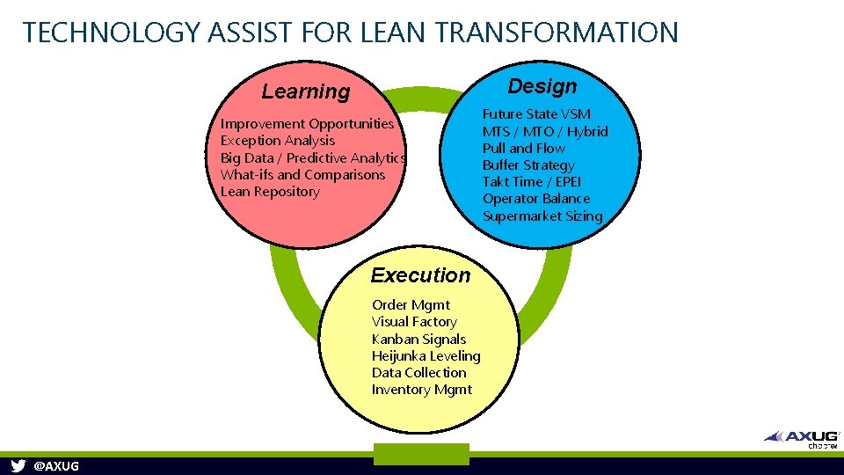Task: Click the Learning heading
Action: [x=306, y=91]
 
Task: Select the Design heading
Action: [x=542, y=86]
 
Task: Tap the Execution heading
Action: [x=420, y=275]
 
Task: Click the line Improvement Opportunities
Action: [x=307, y=124]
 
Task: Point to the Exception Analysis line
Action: [x=278, y=141]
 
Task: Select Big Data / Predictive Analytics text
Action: [x=312, y=157]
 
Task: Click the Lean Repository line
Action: [x=270, y=192]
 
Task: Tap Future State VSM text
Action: [x=536, y=114]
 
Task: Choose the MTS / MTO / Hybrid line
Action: [x=545, y=131]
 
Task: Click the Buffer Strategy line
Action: [x=528, y=165]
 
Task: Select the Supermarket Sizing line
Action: [x=542, y=216]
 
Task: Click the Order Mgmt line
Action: [x=411, y=305]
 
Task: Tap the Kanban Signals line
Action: [x=418, y=340]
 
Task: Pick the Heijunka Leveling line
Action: [x=426, y=356]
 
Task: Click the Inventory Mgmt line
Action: [x=422, y=390]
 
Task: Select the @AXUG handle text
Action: [x=55, y=466]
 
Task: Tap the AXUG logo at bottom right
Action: [x=802, y=437]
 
